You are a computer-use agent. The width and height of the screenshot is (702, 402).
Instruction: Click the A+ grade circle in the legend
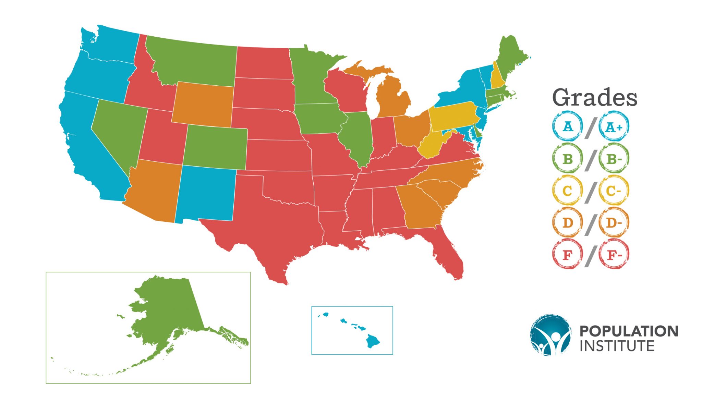click(x=614, y=127)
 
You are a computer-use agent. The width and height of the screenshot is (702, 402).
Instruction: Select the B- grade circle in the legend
click(x=614, y=159)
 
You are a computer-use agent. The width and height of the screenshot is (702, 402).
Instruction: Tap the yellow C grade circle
click(x=567, y=191)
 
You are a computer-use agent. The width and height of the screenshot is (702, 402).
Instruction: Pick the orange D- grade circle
click(x=614, y=223)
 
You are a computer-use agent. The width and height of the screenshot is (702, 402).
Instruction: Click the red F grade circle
click(x=567, y=255)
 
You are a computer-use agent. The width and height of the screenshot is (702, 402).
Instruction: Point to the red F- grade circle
click(x=614, y=255)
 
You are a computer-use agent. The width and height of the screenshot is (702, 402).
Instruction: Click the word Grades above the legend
click(x=595, y=98)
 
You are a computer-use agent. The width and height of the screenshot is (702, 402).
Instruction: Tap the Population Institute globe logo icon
click(x=550, y=335)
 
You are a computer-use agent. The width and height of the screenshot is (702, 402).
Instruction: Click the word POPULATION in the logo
click(x=629, y=331)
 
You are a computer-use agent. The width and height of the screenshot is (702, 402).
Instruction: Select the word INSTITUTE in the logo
click(x=617, y=346)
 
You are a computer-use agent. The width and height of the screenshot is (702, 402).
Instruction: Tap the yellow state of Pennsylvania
click(x=452, y=117)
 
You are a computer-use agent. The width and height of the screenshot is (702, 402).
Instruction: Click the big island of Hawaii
click(x=372, y=341)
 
